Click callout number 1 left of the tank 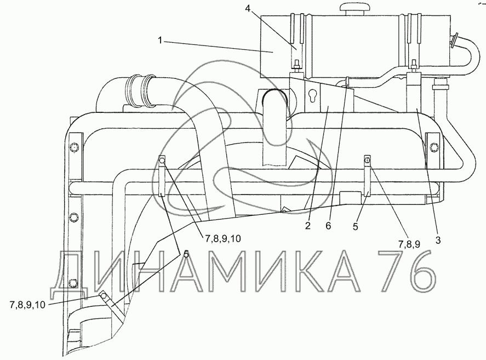pos(160,41)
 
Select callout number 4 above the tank pos(247,8)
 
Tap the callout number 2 pos(307,225)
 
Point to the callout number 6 pos(328,225)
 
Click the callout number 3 pos(438,240)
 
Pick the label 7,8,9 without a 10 pos(409,244)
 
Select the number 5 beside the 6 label pos(355,227)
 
